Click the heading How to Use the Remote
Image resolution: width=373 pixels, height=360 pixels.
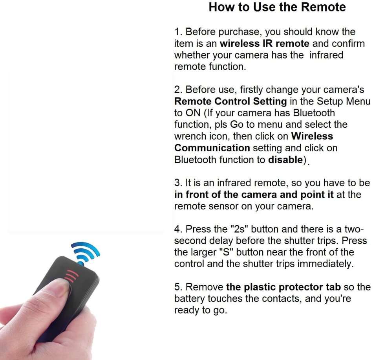[x=277, y=7]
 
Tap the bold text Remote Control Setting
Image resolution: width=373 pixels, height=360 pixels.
[x=230, y=101]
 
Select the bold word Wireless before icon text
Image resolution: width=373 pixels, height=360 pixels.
[x=312, y=136]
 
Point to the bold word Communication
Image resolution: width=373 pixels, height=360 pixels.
[x=212, y=148]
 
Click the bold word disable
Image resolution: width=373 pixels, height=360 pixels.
[x=285, y=160]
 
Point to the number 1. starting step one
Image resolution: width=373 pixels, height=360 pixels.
[x=178, y=32]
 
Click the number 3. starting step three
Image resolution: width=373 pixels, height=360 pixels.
[x=178, y=183]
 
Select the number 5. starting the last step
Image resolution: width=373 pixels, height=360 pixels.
[x=178, y=287]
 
